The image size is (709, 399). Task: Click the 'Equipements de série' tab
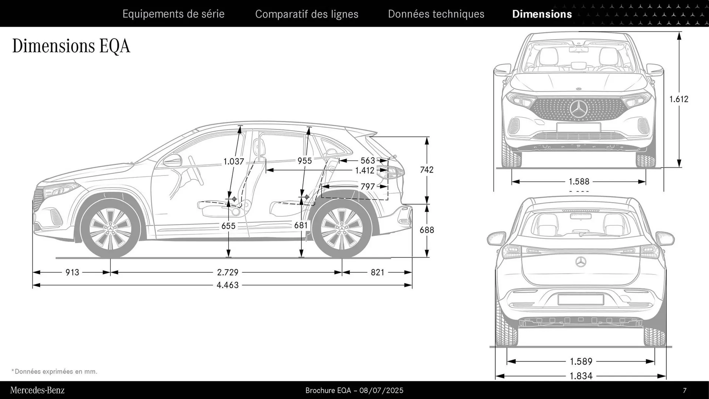point(173,14)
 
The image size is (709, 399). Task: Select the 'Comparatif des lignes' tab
point(306,14)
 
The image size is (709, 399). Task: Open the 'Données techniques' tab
point(436,14)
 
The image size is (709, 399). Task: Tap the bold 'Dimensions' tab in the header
point(542,14)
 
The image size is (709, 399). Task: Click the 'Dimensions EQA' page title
point(71,46)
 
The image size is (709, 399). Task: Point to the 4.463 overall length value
point(227,285)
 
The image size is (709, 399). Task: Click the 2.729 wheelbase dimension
point(227,272)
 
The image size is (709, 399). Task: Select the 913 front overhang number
point(72,272)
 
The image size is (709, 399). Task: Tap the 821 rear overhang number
point(377,272)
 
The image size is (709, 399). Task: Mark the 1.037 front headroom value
point(234,161)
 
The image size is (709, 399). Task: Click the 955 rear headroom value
point(305,161)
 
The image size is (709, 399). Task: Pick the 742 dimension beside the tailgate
point(427,170)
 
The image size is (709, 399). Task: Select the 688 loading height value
point(427,230)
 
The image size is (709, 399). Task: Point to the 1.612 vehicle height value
point(679,99)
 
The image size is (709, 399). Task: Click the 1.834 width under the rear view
point(581,376)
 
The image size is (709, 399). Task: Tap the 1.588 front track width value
point(579,181)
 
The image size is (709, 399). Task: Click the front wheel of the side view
point(110,228)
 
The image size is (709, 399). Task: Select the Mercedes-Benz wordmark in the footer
point(37,390)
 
